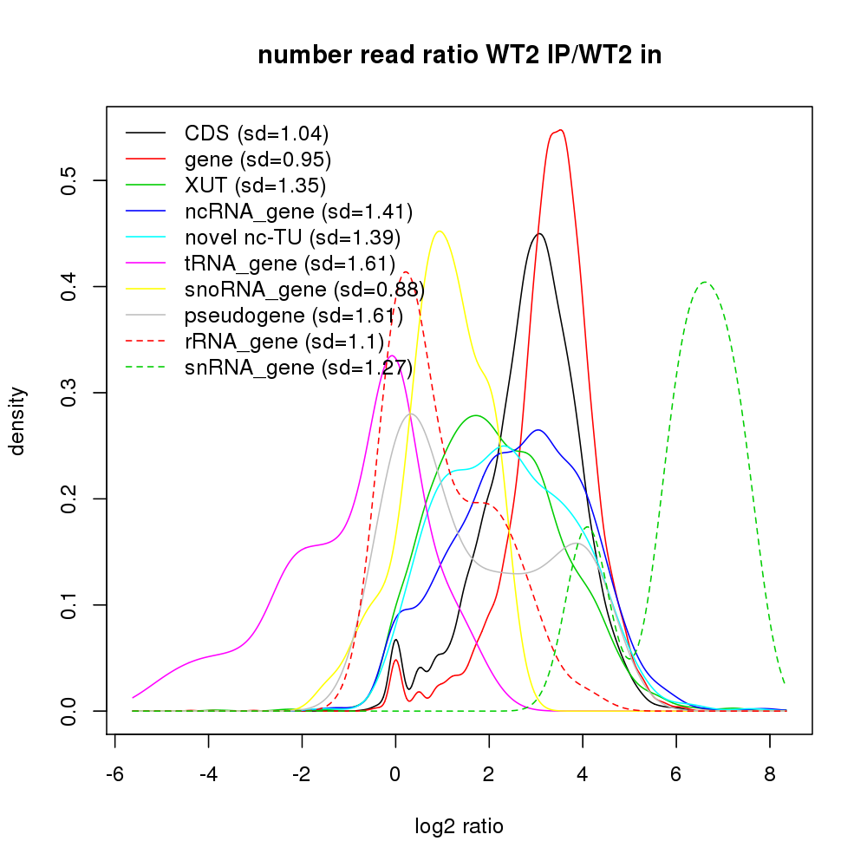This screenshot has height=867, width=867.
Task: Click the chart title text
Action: tap(460, 55)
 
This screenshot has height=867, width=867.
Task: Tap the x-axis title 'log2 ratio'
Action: tap(460, 826)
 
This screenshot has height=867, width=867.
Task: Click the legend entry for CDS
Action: tap(257, 134)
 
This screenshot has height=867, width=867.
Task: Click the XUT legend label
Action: tap(255, 186)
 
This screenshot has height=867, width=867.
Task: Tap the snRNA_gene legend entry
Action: tap(297, 368)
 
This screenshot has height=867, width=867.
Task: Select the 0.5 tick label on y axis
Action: tap(71, 180)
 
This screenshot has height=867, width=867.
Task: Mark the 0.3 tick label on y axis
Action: tap(71, 393)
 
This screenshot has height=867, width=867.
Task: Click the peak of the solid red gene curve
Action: tap(560, 130)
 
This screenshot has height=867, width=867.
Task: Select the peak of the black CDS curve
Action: tap(539, 233)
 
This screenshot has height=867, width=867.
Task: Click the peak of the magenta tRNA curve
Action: tap(392, 355)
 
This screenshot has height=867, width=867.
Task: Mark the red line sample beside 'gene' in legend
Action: tap(146, 160)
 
